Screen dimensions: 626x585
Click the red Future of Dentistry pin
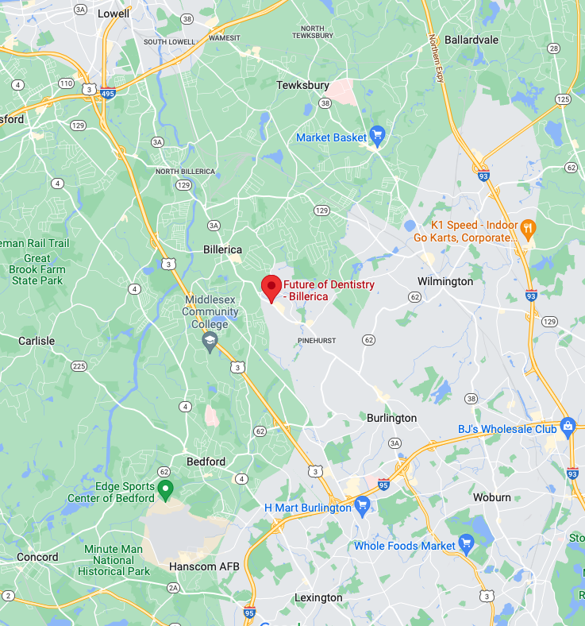click(x=271, y=287)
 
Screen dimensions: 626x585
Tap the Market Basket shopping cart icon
click(x=377, y=137)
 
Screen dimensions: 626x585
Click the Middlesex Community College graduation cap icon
click(x=210, y=342)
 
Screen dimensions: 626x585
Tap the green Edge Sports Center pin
click(x=165, y=489)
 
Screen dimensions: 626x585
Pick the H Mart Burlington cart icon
click(x=362, y=505)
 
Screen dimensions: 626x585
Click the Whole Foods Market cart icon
click(x=466, y=545)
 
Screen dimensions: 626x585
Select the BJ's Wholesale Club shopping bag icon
click(x=568, y=427)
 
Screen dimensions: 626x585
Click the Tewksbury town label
click(x=302, y=85)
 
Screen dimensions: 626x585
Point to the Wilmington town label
click(x=445, y=281)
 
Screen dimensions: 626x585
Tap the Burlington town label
click(x=391, y=418)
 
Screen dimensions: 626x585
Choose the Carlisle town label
click(x=37, y=341)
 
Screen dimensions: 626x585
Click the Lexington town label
click(x=318, y=597)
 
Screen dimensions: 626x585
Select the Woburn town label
click(x=492, y=497)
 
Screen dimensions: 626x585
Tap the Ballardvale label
click(x=471, y=39)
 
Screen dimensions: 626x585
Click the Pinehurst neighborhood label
click(x=317, y=340)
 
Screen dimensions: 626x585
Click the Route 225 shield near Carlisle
click(x=79, y=366)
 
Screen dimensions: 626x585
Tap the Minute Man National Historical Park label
click(x=117, y=560)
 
